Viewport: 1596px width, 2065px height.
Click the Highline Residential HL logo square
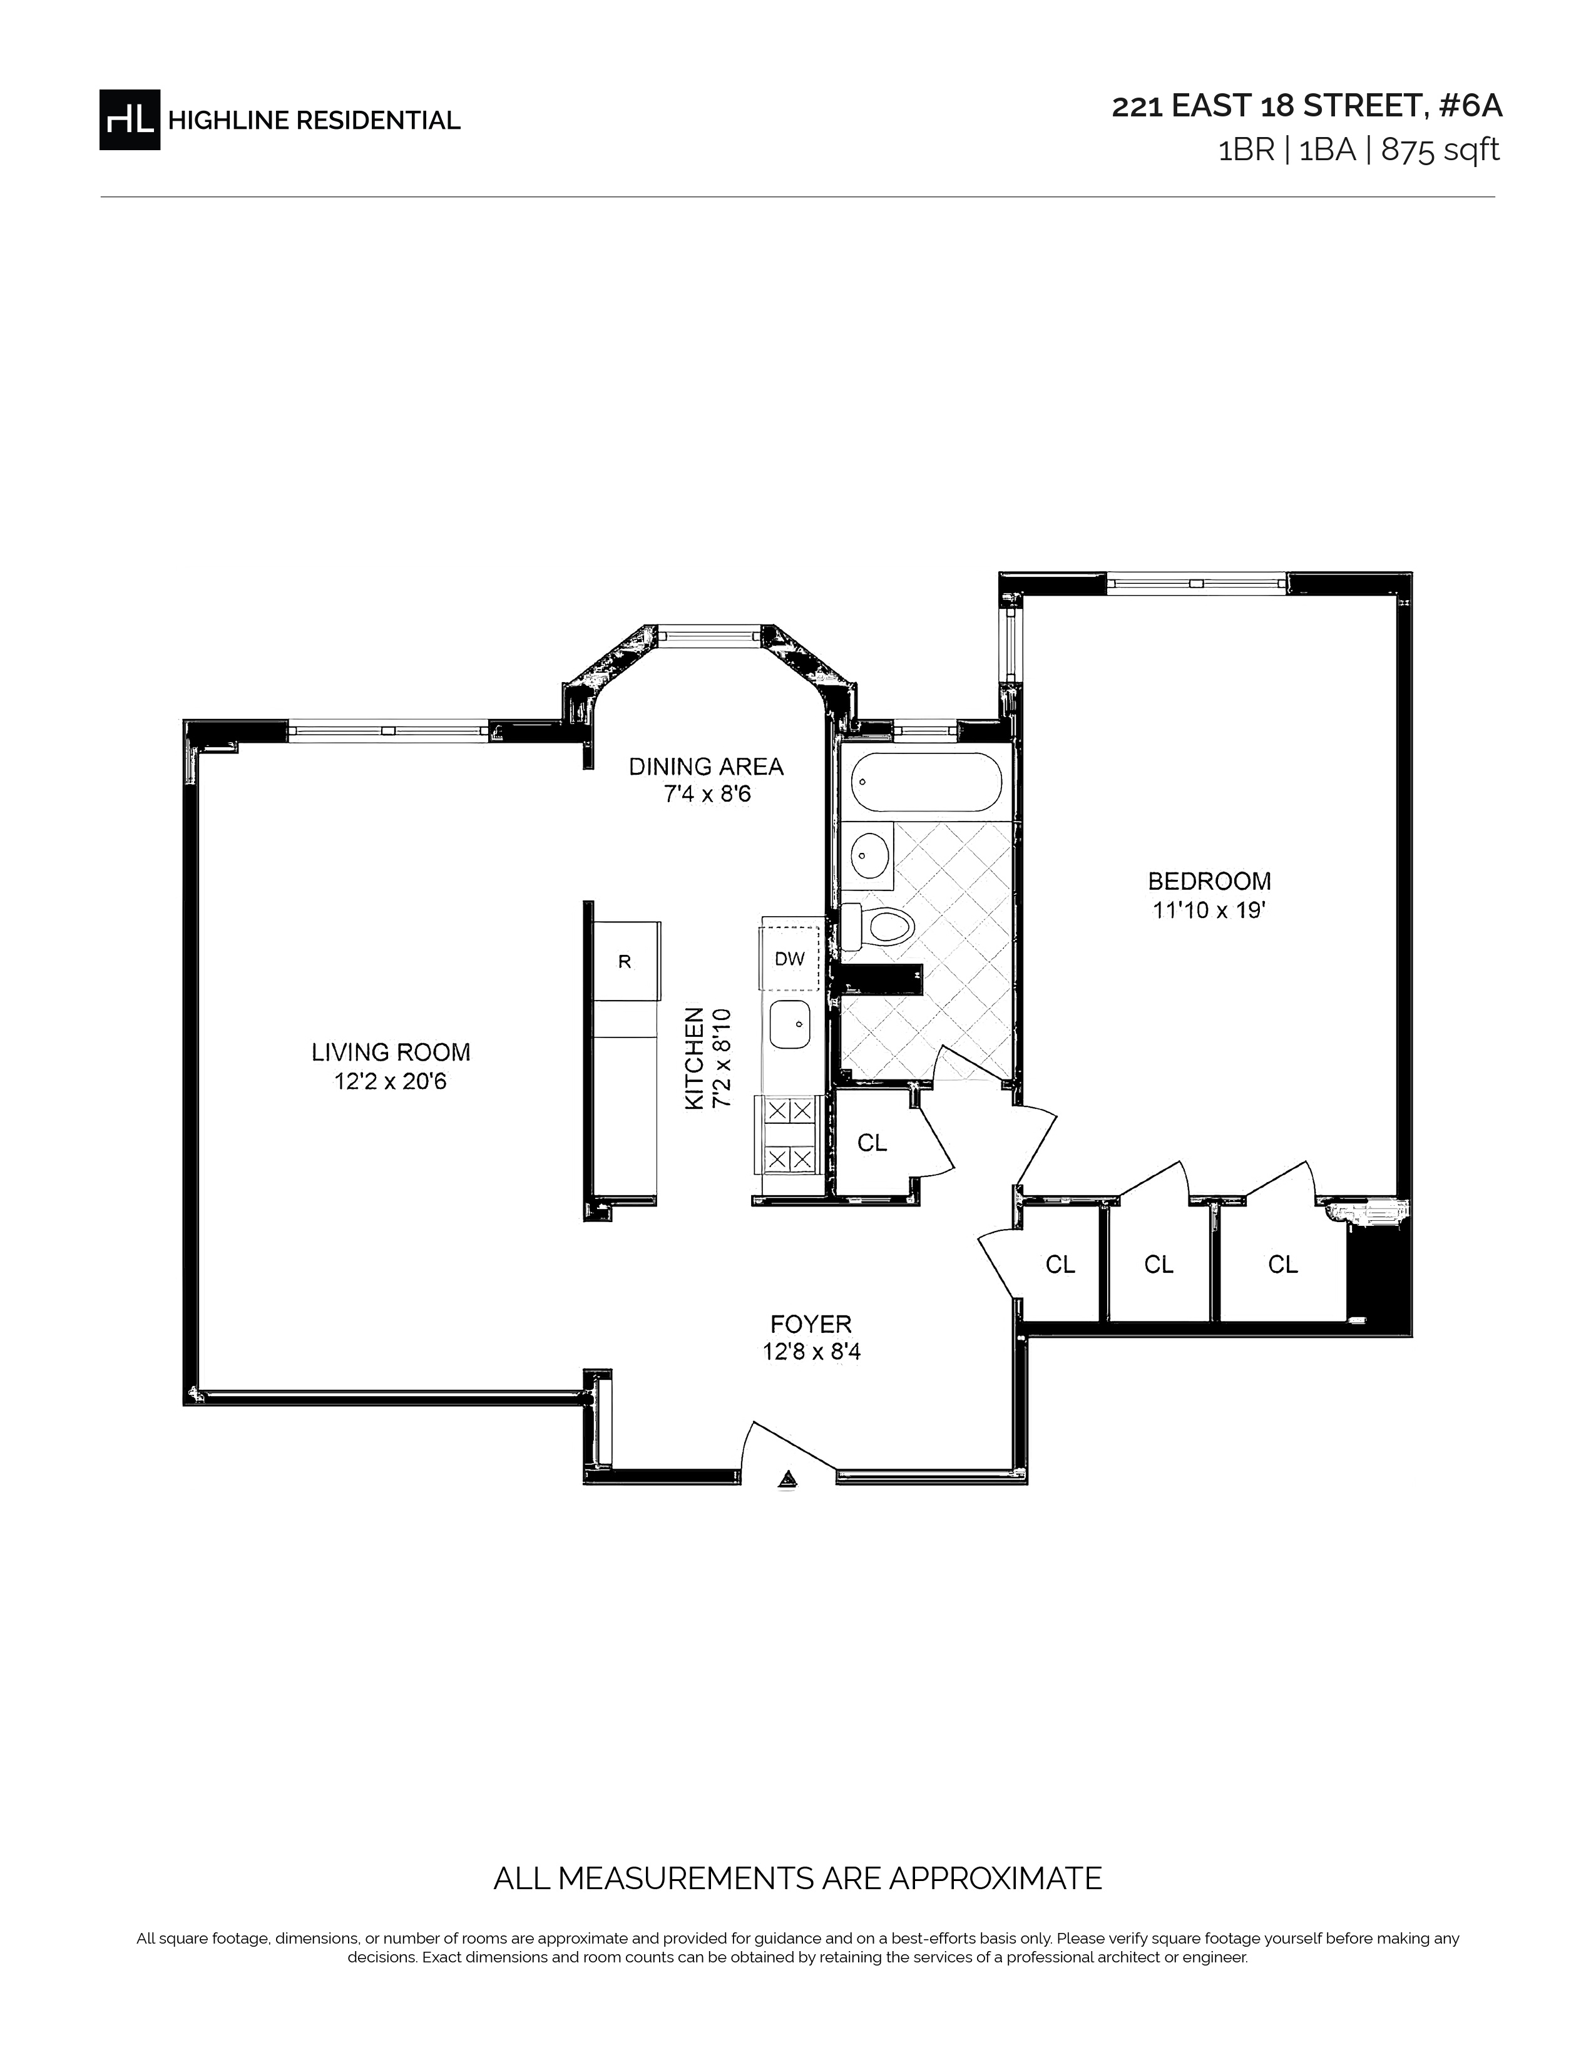click(130, 119)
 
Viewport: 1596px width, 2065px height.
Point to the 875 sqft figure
click(1440, 150)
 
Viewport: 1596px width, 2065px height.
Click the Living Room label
click(391, 1051)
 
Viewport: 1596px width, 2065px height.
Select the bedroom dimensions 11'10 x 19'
click(1209, 910)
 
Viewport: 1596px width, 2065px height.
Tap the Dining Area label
click(706, 766)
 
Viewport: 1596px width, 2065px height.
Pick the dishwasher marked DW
click(789, 958)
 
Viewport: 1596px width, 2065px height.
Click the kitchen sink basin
click(789, 1024)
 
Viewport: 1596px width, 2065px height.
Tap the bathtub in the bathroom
click(926, 781)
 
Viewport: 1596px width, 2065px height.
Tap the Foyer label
click(811, 1323)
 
